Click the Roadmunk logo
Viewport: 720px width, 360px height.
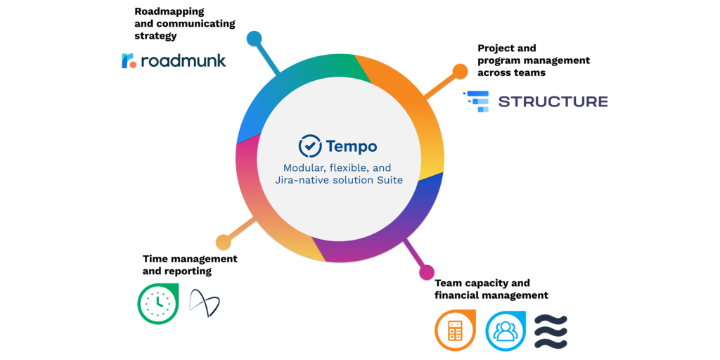tap(174, 60)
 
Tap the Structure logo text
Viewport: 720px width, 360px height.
tap(553, 101)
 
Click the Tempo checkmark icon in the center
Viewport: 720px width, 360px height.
tap(310, 146)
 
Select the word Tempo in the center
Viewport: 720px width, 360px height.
tap(352, 146)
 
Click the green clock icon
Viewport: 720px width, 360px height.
tap(158, 304)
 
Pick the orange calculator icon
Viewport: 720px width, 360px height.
tap(456, 330)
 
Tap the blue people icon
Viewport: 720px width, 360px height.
tap(506, 330)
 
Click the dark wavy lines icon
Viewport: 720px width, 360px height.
tap(551, 331)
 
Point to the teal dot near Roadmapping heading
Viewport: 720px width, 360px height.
tap(254, 39)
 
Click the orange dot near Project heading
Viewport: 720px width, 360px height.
tap(460, 71)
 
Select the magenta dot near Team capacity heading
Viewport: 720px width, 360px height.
tap(427, 272)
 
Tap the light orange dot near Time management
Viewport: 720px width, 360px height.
tap(223, 242)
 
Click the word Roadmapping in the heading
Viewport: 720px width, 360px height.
tap(169, 11)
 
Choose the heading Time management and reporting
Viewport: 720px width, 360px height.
tap(190, 265)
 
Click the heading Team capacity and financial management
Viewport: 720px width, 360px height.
tap(491, 289)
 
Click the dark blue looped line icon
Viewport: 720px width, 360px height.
tap(205, 304)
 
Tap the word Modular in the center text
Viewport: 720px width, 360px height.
tap(304, 168)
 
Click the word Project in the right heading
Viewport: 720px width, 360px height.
tap(497, 48)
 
